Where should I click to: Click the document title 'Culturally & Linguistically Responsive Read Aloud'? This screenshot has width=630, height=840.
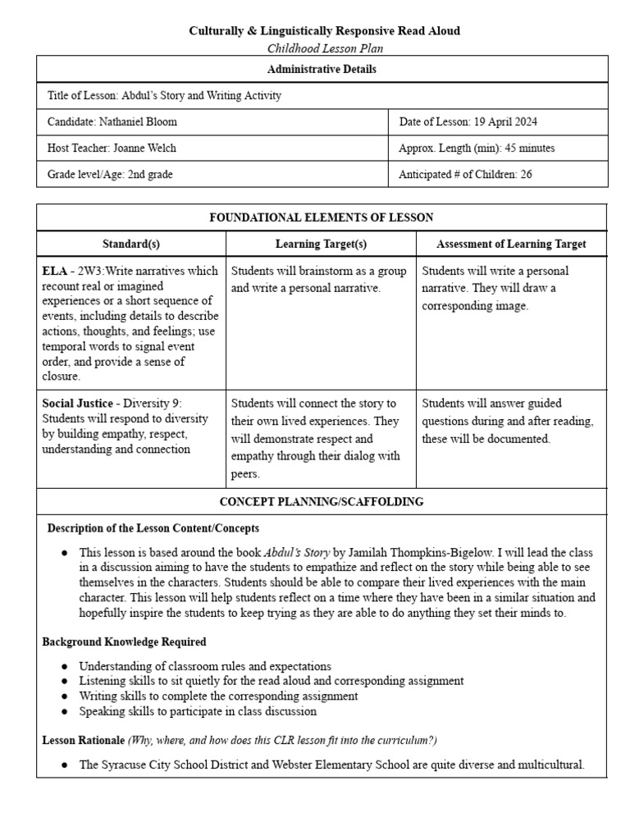pyautogui.click(x=325, y=30)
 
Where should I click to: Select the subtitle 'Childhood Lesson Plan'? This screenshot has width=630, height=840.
pyautogui.click(x=325, y=48)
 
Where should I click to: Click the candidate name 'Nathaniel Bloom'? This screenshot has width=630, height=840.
pyautogui.click(x=139, y=122)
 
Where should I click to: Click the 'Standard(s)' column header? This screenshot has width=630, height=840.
pyautogui.click(x=131, y=244)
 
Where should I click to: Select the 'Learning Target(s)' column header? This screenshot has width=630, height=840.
pyautogui.click(x=321, y=244)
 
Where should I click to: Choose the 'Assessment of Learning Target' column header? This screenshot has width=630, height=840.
pyautogui.click(x=511, y=244)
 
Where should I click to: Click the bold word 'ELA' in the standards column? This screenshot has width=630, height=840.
pyautogui.click(x=54, y=272)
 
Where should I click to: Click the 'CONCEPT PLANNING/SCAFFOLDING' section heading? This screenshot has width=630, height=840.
pyautogui.click(x=322, y=502)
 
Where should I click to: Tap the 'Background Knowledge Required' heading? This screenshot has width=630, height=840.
pyautogui.click(x=124, y=641)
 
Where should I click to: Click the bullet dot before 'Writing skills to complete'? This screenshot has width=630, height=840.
pyautogui.click(x=65, y=696)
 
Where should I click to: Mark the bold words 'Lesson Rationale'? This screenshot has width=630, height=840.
pyautogui.click(x=83, y=740)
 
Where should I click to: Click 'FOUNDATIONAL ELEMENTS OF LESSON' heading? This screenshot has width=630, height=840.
pyautogui.click(x=322, y=217)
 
